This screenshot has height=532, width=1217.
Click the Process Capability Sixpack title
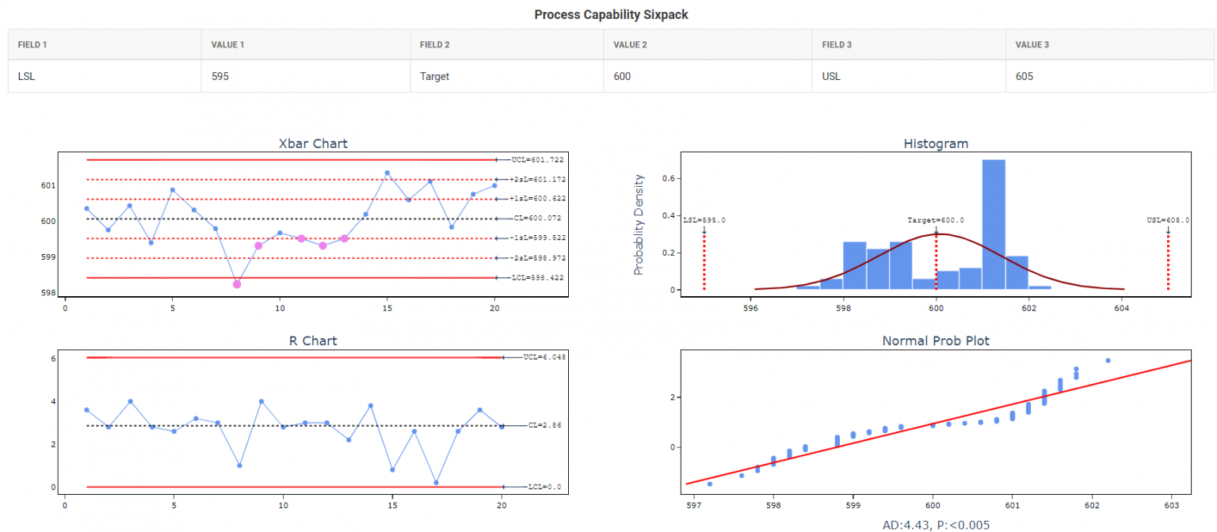pos(611,14)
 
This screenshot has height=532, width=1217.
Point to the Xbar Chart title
pos(313,143)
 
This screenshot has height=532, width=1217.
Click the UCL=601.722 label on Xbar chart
pos(537,160)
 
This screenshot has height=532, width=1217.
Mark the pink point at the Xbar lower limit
pos(237,284)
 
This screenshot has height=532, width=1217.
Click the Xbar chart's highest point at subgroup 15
pos(387,173)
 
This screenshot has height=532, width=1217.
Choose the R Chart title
pos(313,341)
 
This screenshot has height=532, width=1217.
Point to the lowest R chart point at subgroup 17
pos(436,482)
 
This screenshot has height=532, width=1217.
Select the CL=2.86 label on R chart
pos(544,425)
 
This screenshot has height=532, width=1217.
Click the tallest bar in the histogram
pos(994,225)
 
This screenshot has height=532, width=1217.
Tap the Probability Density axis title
pos(639,225)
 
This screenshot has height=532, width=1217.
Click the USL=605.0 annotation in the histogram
pos(1168,221)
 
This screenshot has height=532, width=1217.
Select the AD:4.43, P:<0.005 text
pos(936,524)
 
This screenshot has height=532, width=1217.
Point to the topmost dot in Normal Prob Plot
pos(1108,360)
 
